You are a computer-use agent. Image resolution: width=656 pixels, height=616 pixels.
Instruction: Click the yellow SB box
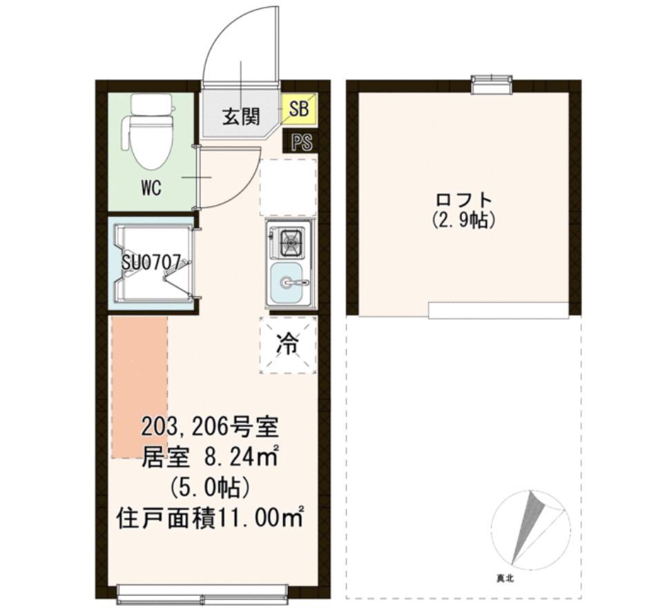(x=299, y=109)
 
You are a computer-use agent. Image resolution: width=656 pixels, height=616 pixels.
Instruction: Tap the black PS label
(x=302, y=142)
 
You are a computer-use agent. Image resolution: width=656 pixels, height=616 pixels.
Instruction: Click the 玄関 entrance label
(x=241, y=116)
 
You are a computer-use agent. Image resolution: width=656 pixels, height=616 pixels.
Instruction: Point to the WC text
(x=151, y=189)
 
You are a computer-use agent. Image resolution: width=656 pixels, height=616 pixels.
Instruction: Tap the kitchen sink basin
(x=287, y=283)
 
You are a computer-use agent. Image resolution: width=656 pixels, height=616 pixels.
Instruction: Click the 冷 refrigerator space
(x=288, y=345)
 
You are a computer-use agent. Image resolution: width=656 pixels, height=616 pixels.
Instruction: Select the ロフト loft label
(x=463, y=200)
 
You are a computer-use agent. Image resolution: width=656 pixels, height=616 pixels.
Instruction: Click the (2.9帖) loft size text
(x=463, y=220)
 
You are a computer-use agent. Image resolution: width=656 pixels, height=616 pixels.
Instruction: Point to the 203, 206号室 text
(x=210, y=427)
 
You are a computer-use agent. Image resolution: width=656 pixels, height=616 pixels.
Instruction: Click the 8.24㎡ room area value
(x=241, y=457)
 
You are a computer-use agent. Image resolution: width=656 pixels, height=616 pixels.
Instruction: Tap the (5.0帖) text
(x=210, y=488)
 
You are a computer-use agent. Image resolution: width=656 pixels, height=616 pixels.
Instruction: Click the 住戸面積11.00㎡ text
(x=210, y=518)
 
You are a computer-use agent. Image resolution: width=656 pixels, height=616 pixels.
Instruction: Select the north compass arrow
(x=528, y=526)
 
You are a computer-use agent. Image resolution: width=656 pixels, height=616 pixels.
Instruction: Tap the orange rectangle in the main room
(x=139, y=387)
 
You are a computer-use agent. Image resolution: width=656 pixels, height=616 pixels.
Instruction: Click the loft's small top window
(x=492, y=84)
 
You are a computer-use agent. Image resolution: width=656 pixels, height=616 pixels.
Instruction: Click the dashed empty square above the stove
(x=288, y=186)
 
